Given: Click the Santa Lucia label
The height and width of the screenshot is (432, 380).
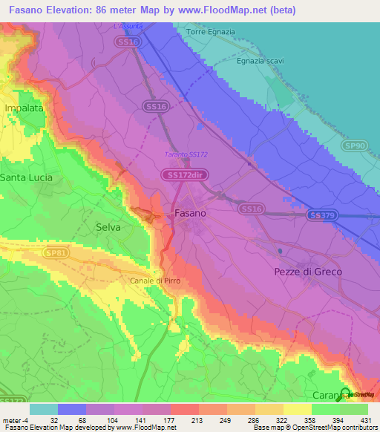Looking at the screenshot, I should [x=25, y=177].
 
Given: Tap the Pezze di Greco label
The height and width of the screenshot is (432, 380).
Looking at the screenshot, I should [x=308, y=272].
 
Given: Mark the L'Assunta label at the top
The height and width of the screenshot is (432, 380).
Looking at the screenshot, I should [x=127, y=26].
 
